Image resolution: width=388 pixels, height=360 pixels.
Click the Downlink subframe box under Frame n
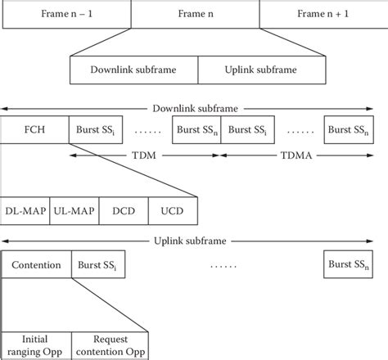click(134, 69)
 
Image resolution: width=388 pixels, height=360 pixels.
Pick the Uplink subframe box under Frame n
click(259, 69)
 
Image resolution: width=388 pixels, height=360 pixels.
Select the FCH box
click(35, 130)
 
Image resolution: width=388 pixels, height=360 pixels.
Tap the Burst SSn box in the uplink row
click(351, 265)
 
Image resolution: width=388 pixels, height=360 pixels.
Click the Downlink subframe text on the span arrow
click(194, 107)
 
